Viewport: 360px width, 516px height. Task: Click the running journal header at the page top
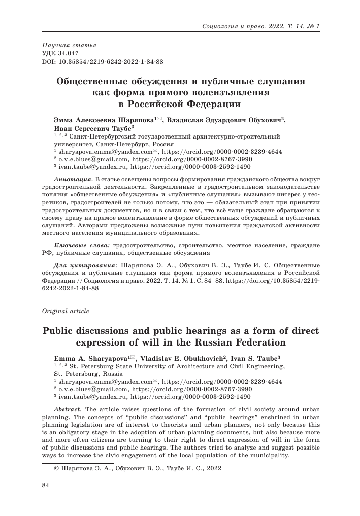point(260,25)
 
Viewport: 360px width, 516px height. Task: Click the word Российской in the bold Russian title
point(165,105)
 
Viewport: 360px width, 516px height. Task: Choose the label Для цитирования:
point(86,265)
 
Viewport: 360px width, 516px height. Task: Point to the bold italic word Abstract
point(69,409)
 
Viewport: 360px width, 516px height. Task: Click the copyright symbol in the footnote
point(56,469)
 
